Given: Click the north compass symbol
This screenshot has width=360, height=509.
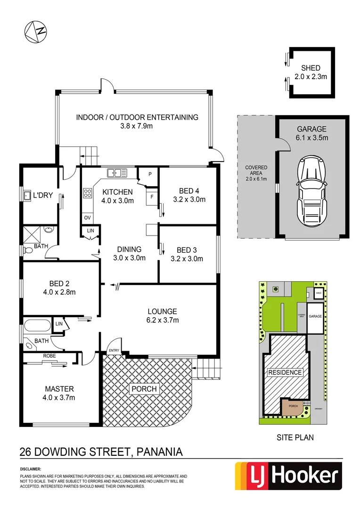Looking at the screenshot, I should (36, 31).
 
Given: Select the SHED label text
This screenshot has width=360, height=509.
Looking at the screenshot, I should (311, 68).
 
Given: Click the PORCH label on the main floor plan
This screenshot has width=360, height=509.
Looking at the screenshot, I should (144, 389).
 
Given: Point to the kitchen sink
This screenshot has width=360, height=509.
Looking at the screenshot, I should (117, 173).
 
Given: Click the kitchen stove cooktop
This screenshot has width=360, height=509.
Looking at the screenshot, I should (88, 193).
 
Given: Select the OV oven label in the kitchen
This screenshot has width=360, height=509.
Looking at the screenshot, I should (87, 218).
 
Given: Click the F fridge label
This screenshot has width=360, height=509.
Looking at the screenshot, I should (152, 197).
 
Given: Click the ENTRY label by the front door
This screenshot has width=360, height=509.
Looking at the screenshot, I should (114, 350).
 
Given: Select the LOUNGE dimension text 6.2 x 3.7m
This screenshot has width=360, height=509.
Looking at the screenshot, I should (162, 320).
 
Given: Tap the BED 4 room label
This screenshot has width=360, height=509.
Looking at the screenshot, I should (189, 191).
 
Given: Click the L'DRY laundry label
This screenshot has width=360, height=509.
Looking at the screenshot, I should (41, 195).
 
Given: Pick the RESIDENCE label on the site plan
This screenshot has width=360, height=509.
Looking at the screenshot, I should (285, 372).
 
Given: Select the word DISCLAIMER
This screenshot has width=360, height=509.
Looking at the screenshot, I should (31, 469).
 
